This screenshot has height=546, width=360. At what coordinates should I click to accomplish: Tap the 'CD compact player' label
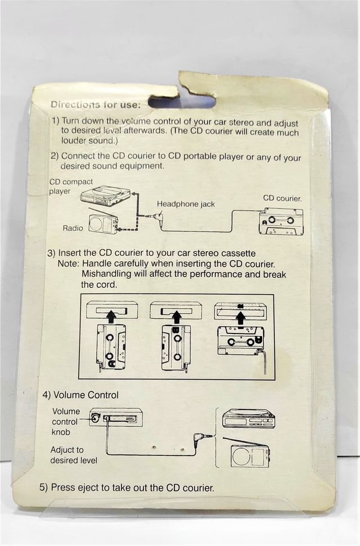[x=71, y=186]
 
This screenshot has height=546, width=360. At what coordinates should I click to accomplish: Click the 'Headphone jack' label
[x=186, y=204]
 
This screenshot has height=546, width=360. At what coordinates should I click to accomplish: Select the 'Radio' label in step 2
[x=73, y=228]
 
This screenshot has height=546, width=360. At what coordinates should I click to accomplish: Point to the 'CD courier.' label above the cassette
[x=282, y=198]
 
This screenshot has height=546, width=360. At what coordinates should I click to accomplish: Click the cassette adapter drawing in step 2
[x=281, y=222]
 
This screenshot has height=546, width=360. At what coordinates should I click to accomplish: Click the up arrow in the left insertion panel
[x=111, y=317]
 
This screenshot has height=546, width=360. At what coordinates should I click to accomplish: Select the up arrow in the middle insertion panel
[x=168, y=317]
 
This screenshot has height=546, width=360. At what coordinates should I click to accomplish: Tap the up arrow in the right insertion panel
[x=241, y=318]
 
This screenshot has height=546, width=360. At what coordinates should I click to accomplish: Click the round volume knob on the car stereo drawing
[x=96, y=418]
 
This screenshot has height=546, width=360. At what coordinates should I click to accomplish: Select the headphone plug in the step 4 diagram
[x=202, y=436]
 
